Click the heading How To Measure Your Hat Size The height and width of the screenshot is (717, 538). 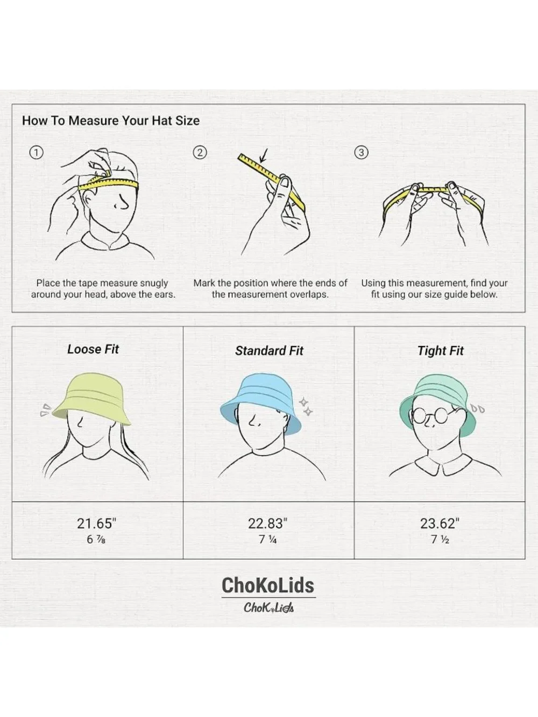pos(111,120)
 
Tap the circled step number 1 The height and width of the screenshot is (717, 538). pos(36,153)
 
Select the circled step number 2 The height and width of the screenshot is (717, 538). pos(200,153)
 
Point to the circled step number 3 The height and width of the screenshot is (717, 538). pos(362,153)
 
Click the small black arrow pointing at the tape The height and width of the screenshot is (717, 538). pos(264,155)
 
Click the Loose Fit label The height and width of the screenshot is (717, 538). pos(93,349)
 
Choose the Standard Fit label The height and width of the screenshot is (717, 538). pos(269,351)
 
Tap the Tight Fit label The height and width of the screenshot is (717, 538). pos(440,351)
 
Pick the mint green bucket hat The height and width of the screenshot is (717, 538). pos(438,403)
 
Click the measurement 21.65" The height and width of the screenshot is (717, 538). pos(97,523)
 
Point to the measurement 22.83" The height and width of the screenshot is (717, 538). pos(267,523)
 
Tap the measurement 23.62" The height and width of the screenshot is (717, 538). pos(440,523)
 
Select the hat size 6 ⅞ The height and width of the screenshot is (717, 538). pos(96,539)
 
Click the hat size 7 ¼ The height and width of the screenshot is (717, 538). pos(267,539)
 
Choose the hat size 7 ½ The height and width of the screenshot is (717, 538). pos(440,539)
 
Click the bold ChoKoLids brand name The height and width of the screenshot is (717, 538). pos(268,585)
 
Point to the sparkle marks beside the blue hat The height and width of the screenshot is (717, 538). pos(306,407)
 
